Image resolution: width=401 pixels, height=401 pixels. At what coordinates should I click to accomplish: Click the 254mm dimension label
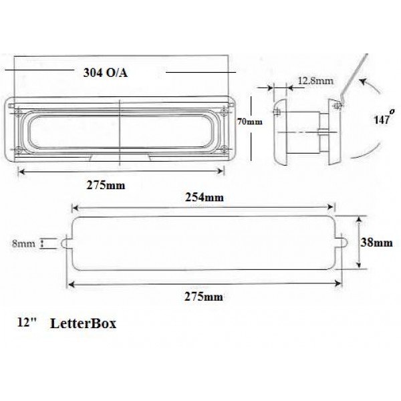coord(205,197)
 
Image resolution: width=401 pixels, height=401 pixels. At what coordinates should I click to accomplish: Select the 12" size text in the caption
coord(25,323)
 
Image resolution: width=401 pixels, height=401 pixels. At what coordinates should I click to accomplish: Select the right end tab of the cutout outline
coord(342,243)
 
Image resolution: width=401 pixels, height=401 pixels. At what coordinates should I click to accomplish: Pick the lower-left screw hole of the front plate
coord(18,150)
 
